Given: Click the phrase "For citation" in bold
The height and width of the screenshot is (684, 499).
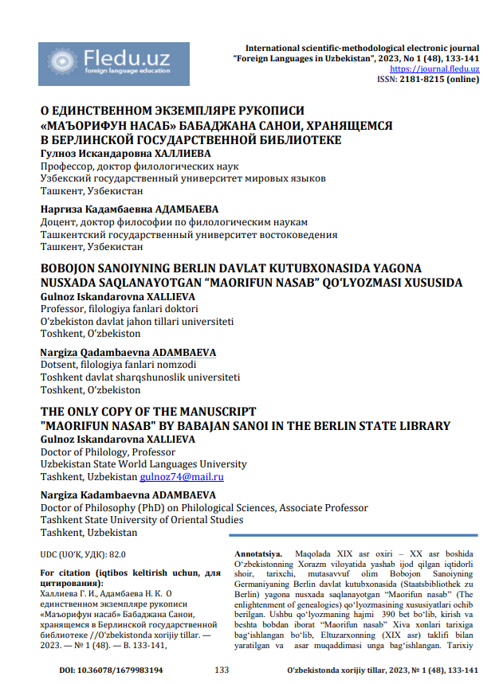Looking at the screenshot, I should click(x=62, y=573).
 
